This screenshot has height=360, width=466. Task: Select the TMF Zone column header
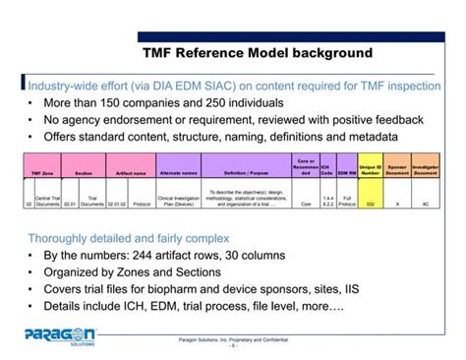(41, 170)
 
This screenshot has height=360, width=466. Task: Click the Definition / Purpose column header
(245, 170)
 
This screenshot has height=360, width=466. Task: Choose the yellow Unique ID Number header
(370, 167)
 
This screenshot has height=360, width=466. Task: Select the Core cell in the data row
(304, 205)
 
